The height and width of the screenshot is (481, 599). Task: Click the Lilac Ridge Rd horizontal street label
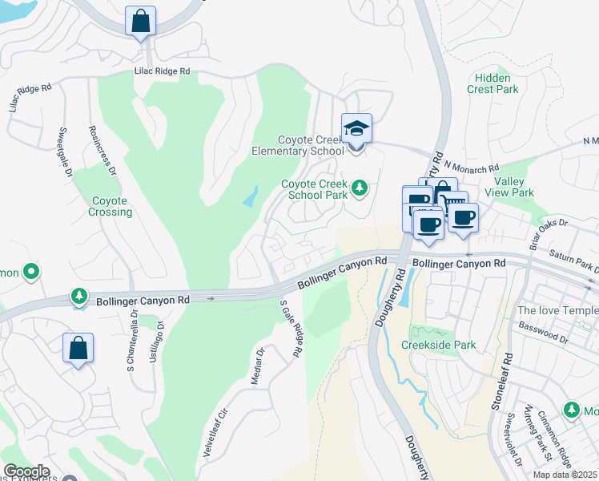click(x=162, y=71)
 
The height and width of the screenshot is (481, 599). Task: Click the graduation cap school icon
click(x=356, y=127)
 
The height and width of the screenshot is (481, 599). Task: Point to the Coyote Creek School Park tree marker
click(x=360, y=188)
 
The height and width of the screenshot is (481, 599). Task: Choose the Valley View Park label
click(x=514, y=188)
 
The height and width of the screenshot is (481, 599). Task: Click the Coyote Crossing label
click(x=111, y=206)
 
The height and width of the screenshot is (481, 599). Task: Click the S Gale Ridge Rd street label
click(x=291, y=329)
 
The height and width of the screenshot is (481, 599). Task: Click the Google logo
click(x=26, y=471)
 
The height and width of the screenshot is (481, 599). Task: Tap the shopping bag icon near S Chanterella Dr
click(x=78, y=349)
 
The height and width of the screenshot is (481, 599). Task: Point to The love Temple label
click(x=558, y=310)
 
